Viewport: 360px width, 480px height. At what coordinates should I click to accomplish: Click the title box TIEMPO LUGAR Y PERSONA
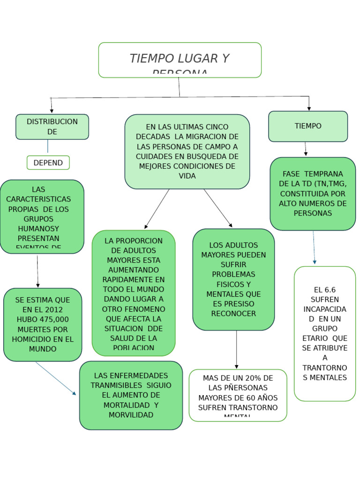pyautogui.click(x=180, y=60)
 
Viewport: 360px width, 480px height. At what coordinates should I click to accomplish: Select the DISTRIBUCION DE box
pyautogui.click(x=52, y=127)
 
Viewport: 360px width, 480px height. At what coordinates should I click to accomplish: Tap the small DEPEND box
pyautogui.click(x=48, y=163)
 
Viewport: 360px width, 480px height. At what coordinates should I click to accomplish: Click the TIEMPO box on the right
pyautogui.click(x=308, y=126)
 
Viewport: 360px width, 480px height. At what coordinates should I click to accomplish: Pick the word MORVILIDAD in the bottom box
pyautogui.click(x=131, y=415)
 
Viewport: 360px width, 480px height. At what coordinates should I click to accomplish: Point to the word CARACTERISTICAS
pyautogui.click(x=38, y=199)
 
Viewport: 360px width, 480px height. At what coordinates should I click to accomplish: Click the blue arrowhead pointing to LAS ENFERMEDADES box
pyautogui.click(x=74, y=393)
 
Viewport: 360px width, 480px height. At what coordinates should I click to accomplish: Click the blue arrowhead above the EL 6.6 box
pyautogui.click(x=315, y=262)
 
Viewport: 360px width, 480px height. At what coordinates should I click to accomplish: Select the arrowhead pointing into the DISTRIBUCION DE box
pyautogui.click(x=52, y=111)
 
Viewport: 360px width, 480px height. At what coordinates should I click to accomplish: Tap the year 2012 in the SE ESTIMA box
pyautogui.click(x=54, y=310)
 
